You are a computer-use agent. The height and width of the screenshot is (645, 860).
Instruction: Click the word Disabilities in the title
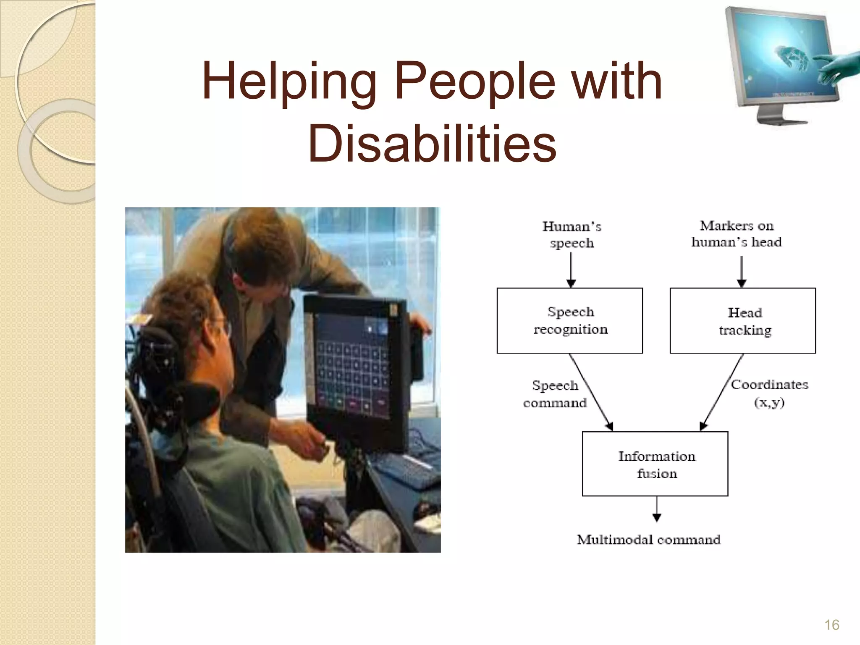coord(433,144)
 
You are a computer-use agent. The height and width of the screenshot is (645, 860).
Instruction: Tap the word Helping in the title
coord(289,82)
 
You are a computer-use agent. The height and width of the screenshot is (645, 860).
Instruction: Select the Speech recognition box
coord(569,320)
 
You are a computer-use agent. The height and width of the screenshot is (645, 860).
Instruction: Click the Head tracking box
coord(742,320)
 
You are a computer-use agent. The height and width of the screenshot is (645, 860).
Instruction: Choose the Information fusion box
coord(655,464)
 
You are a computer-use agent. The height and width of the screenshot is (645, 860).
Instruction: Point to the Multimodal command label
coord(649,540)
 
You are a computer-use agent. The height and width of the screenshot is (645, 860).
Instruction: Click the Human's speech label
coord(572,234)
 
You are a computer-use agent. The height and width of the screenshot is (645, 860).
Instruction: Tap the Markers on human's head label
coord(737,233)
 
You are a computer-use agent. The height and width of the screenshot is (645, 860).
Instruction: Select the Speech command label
coord(555,394)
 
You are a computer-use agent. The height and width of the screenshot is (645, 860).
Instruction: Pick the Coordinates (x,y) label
coord(769,393)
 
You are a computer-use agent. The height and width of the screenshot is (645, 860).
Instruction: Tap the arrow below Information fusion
coord(657,509)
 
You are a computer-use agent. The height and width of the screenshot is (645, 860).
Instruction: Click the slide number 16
coord(831,624)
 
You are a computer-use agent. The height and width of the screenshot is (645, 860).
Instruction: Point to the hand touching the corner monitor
coord(836,67)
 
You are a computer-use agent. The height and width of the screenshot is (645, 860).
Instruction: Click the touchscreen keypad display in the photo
coord(352,367)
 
